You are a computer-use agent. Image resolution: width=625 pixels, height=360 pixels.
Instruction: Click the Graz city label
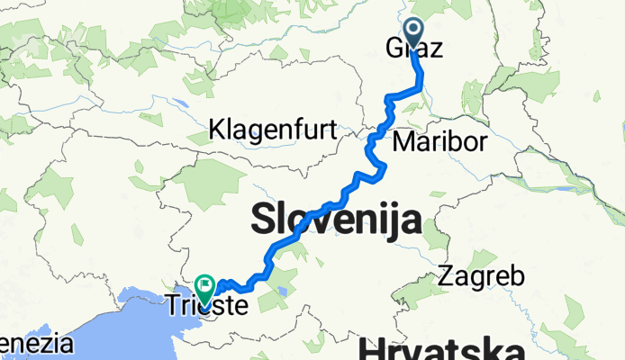click(x=416, y=50)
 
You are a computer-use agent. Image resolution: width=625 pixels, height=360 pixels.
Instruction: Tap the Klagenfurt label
click(x=272, y=130)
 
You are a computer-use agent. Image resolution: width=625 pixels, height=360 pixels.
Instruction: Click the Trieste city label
click(x=206, y=306)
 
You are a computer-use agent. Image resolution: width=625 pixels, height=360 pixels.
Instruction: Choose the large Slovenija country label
click(x=336, y=219)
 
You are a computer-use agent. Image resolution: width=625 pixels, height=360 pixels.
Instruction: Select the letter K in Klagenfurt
click(x=217, y=130)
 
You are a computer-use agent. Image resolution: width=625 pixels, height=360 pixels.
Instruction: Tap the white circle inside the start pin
click(x=415, y=31)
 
